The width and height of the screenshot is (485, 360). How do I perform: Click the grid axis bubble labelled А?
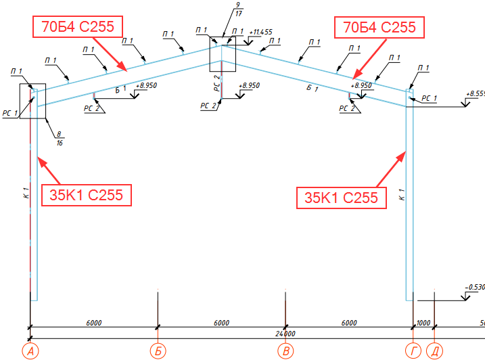30,351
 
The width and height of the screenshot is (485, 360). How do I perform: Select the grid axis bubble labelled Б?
158,351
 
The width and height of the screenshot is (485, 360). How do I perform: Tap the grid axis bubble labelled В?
285,351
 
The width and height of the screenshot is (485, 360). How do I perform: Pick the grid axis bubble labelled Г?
413,351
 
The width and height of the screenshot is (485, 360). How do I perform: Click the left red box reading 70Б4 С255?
76,27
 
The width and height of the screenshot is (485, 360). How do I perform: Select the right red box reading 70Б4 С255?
379,27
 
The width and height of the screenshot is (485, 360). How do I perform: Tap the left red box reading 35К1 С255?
85,195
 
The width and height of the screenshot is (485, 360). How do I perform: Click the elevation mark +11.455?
260,32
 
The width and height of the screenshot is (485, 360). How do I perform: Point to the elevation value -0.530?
476,288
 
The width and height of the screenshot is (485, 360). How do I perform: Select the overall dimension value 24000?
285,334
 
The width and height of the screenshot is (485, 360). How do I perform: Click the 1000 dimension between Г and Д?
423,323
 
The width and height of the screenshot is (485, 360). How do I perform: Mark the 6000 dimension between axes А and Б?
94,323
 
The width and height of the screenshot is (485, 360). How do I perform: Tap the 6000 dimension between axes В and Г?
349,323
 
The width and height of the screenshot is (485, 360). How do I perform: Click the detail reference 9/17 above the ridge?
237,9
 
